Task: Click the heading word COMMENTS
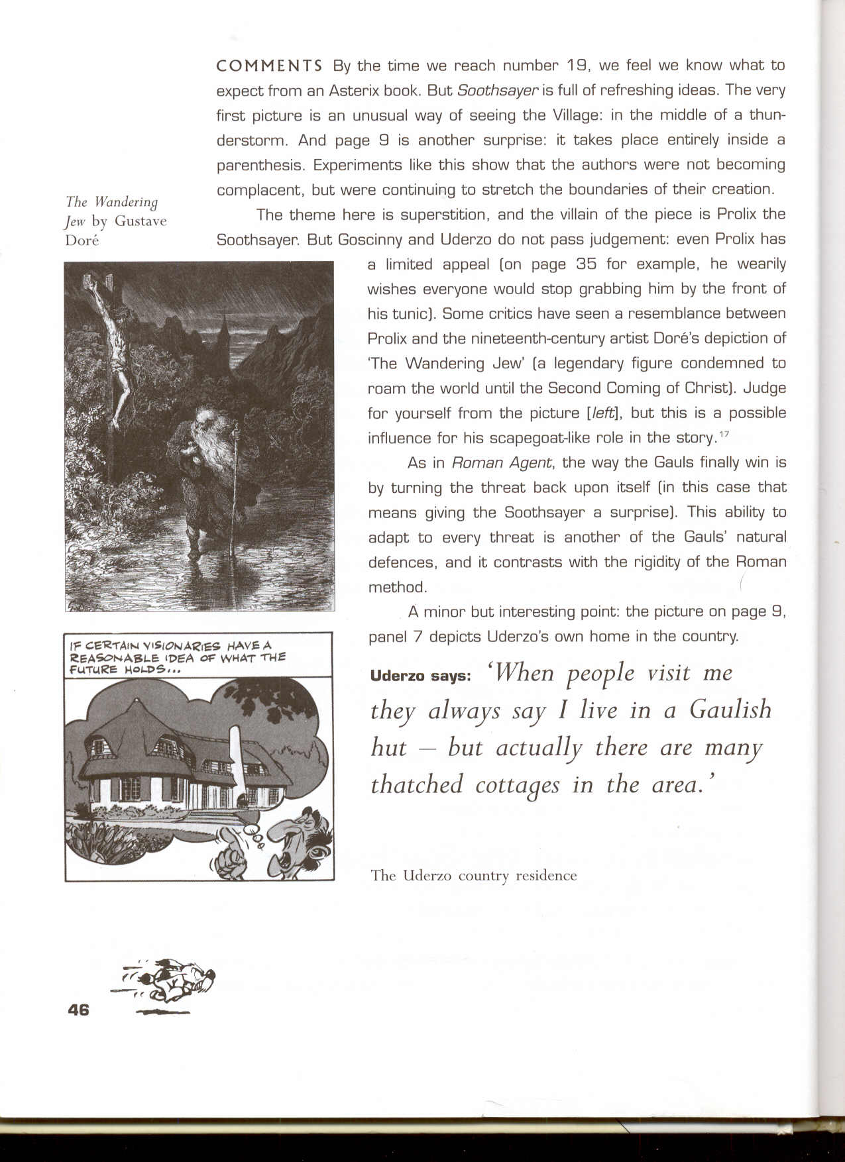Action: (269, 66)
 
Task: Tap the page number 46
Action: (78, 1010)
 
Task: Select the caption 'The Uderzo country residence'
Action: (473, 875)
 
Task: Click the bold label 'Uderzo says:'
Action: (420, 676)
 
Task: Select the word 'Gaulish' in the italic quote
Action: (730, 710)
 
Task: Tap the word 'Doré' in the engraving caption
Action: (82, 240)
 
